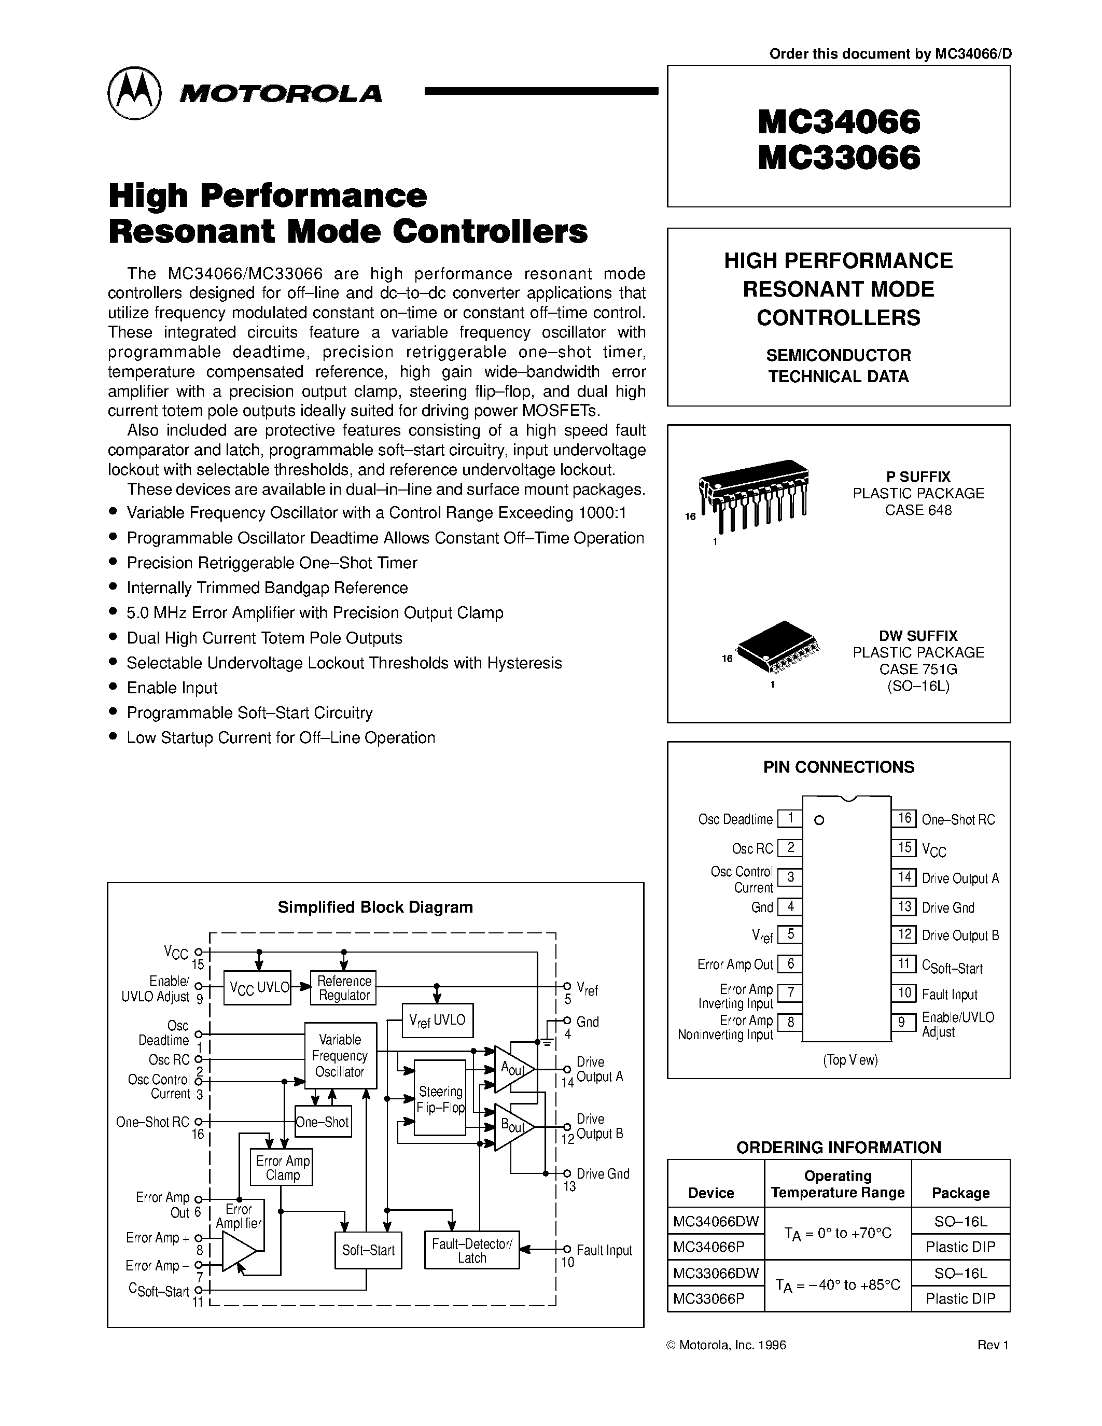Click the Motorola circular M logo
(x=134, y=93)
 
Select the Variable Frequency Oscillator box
(x=340, y=1055)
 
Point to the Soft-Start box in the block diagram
(x=368, y=1250)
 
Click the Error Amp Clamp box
(x=282, y=1167)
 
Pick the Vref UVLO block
(x=437, y=1020)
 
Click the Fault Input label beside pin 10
(x=949, y=995)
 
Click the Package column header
(x=960, y=1192)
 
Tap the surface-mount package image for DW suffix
(x=777, y=647)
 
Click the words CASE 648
(x=918, y=510)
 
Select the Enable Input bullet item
(x=172, y=688)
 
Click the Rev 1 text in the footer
(x=993, y=1345)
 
